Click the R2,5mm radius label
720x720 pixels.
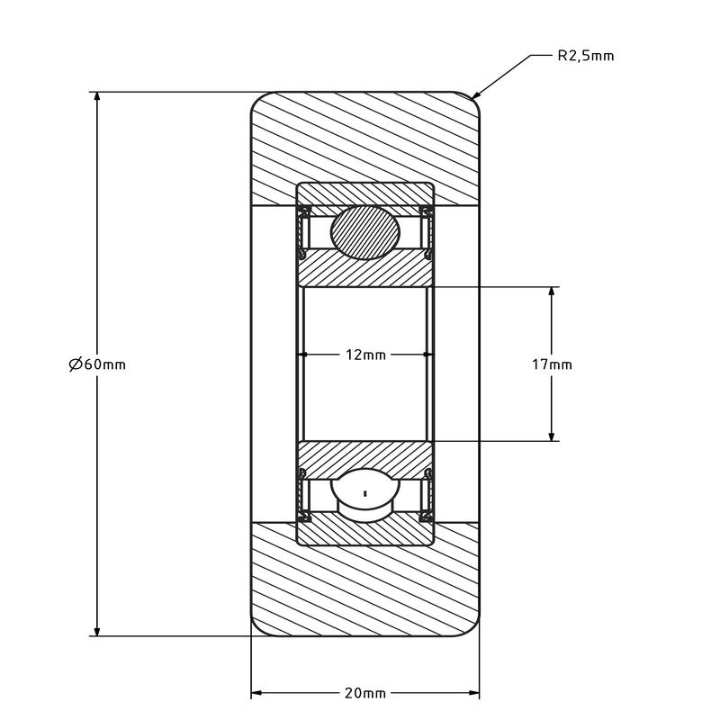coord(586,56)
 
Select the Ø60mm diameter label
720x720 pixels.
coord(97,364)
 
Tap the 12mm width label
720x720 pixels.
coord(365,355)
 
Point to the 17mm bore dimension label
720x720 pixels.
coord(552,364)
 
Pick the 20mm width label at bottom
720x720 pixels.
coord(365,693)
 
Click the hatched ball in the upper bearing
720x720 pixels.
coord(365,232)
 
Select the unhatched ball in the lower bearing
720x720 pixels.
coord(365,495)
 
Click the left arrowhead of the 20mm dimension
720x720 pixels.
coord(256,693)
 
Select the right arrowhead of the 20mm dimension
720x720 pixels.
coord(473,693)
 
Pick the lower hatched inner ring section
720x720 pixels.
coord(365,458)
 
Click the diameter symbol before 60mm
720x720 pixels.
coord(76,364)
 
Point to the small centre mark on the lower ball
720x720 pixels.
coord(365,493)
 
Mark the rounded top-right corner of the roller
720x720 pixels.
coord(472,99)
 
